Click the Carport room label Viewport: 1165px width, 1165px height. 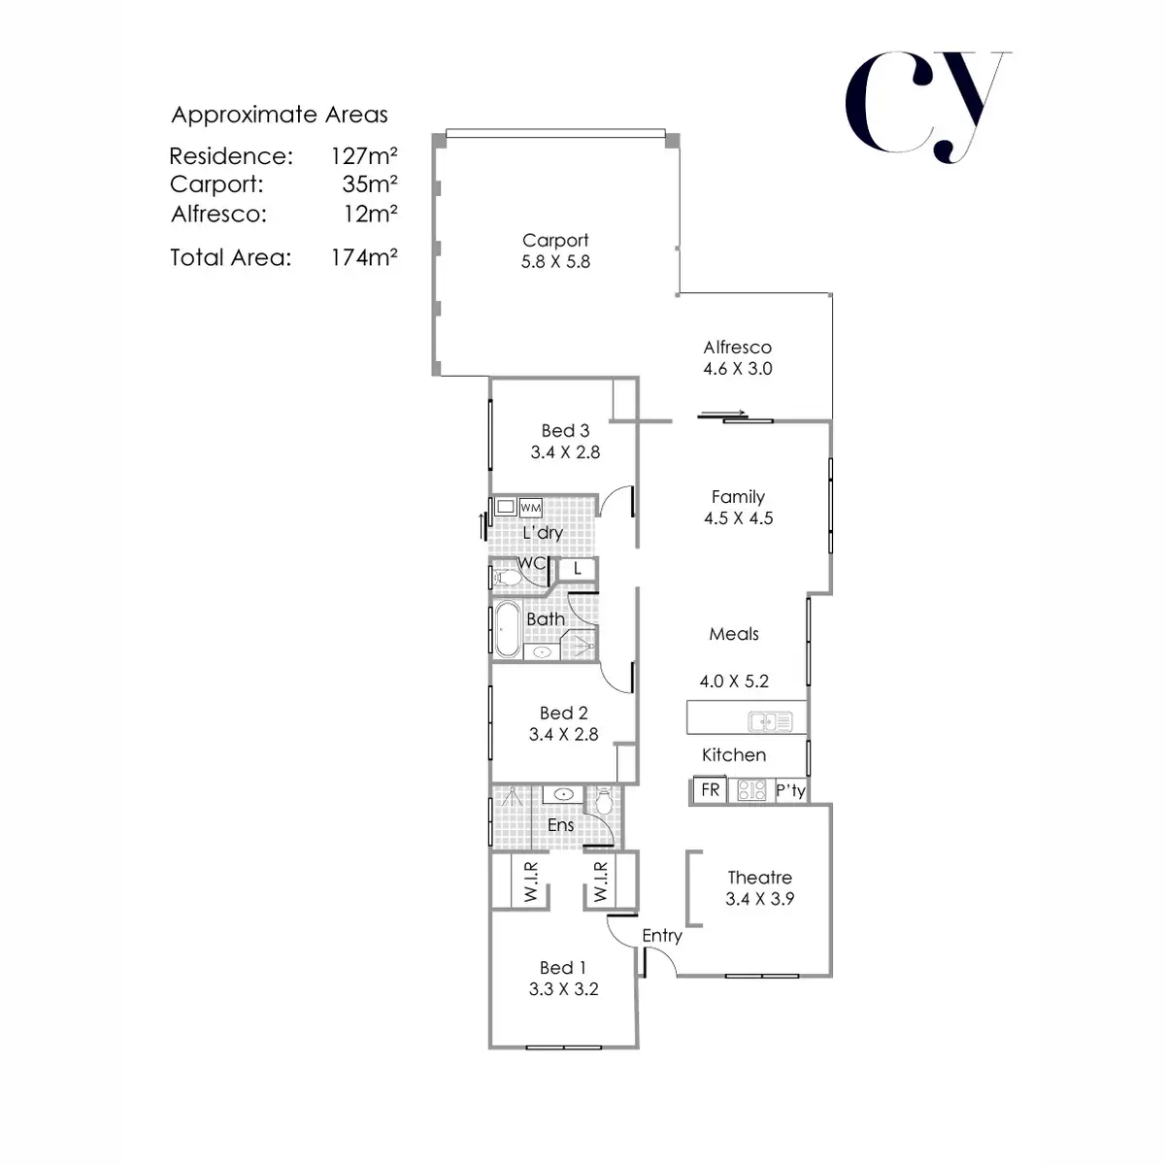click(555, 240)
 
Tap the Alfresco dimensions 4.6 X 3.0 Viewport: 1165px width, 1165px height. click(738, 369)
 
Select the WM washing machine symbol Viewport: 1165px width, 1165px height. click(530, 508)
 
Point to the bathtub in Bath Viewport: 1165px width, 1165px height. click(508, 631)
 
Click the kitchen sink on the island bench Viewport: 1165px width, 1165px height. click(770, 721)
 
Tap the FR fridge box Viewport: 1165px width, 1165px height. click(711, 790)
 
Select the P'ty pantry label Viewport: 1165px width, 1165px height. click(791, 790)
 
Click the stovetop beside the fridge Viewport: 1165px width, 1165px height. click(752, 790)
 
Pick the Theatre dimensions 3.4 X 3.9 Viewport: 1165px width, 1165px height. click(760, 899)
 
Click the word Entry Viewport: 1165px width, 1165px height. click(662, 936)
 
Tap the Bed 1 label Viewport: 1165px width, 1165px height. click(563, 968)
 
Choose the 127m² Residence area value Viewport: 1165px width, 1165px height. click(364, 156)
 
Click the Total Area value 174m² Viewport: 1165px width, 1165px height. click(364, 257)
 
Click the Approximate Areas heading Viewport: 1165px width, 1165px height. click(280, 115)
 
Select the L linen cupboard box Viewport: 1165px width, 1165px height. click(578, 569)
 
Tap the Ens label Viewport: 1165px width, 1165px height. click(561, 825)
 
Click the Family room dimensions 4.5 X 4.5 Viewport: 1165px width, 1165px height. click(739, 518)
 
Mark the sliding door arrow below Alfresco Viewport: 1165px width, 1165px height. click(723, 415)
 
